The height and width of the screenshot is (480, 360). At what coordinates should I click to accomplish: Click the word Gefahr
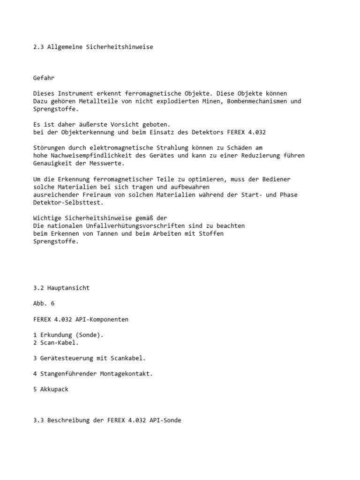pyautogui.click(x=44, y=78)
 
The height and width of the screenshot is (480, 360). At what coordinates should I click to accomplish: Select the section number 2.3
pyautogui.click(x=39, y=47)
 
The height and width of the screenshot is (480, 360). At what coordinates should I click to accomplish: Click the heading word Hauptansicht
pyautogui.click(x=68, y=288)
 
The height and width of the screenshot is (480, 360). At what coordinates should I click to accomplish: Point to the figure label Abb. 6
pyautogui.click(x=44, y=303)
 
